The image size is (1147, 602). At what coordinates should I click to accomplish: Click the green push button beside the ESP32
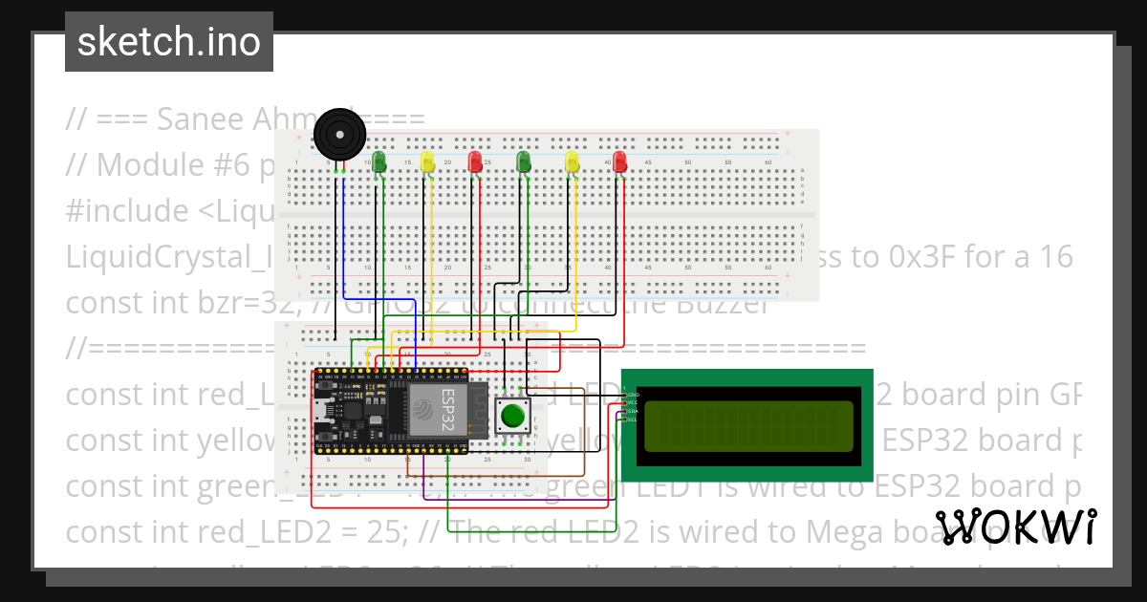point(513,417)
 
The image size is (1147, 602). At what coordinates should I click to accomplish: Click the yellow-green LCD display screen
point(747,426)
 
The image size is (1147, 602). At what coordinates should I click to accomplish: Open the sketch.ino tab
point(169,42)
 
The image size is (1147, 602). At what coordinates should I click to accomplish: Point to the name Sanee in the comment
point(201,119)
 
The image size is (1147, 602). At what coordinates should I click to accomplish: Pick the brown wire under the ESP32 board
point(497,473)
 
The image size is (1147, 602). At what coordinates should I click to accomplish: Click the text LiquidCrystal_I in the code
point(167,256)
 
